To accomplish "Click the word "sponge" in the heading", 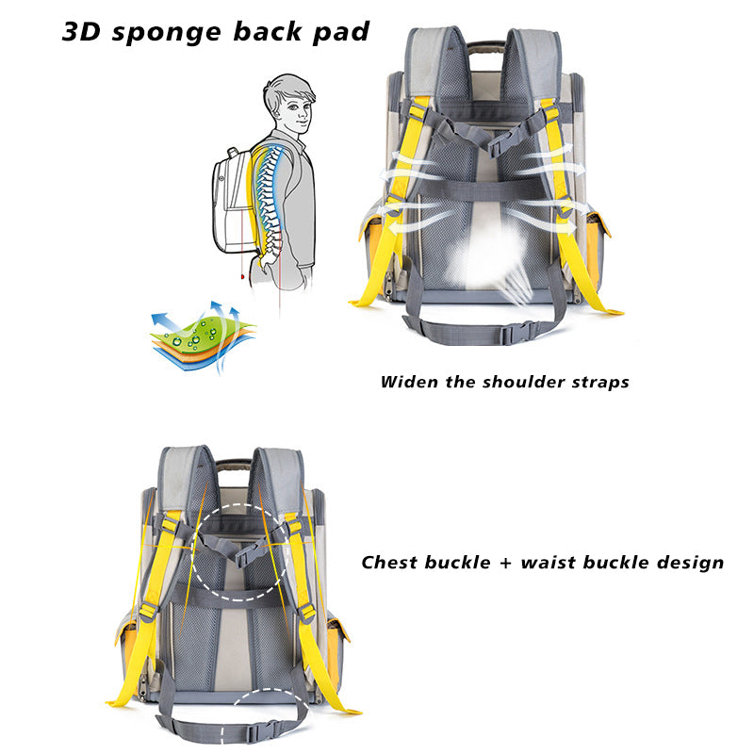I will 165,32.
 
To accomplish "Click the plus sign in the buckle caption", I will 506,564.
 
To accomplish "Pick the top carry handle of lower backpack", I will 235,465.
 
